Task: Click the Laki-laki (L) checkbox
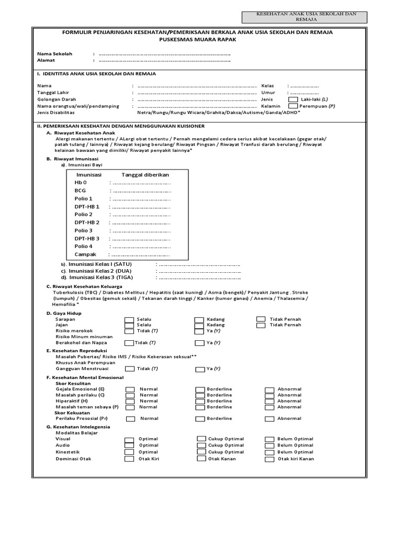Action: point(293,99)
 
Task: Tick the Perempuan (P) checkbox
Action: point(293,106)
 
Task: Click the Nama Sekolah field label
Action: point(54,54)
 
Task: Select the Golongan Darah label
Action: point(57,99)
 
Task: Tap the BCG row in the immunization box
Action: point(80,191)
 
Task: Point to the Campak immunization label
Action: point(85,254)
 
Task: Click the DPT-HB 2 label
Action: point(87,222)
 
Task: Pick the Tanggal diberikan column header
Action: point(146,175)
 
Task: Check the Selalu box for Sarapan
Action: point(129,319)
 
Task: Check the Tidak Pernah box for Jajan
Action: point(261,325)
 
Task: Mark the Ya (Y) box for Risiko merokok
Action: point(199,331)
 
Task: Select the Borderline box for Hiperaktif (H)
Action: point(199,401)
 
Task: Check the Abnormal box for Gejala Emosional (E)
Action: point(269,389)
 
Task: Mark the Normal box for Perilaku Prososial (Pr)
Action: point(129,419)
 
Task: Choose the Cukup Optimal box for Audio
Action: point(201,445)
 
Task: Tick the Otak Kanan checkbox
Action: point(201,459)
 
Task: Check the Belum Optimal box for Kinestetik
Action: point(269,452)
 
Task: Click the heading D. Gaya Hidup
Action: point(64,313)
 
